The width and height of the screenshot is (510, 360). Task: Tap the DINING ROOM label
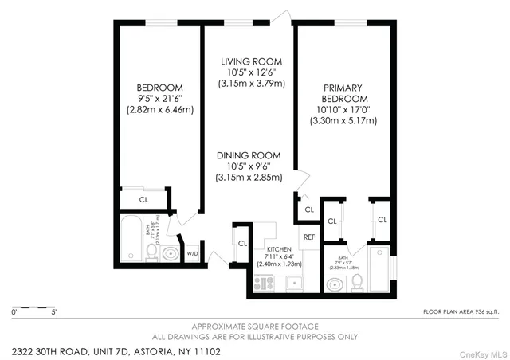click(249, 156)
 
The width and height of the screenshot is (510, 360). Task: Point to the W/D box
click(192, 254)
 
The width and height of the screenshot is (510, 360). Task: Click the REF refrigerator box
click(308, 237)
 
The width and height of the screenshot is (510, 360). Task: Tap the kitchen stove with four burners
click(264, 282)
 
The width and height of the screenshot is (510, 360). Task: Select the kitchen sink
click(293, 282)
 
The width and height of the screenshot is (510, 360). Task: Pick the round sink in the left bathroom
click(169, 254)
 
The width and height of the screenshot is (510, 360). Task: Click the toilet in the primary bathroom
click(357, 281)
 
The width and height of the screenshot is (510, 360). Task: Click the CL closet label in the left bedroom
click(144, 200)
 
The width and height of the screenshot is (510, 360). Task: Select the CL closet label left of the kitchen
click(242, 244)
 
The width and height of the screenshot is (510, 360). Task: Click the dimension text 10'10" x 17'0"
click(343, 110)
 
